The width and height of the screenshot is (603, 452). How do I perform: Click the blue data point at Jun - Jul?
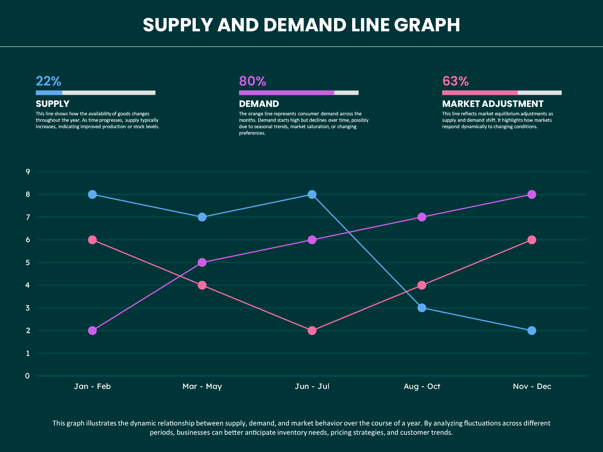tap(312, 194)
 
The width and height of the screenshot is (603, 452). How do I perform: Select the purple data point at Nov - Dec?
tap(531, 194)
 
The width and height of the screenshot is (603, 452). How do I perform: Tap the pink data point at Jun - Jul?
tap(312, 331)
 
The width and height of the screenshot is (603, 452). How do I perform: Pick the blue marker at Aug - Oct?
tap(422, 308)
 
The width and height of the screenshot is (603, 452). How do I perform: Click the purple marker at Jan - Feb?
tap(92, 331)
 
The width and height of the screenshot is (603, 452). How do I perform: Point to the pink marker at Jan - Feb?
tap(92, 240)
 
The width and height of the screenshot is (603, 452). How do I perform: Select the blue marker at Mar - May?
tap(202, 217)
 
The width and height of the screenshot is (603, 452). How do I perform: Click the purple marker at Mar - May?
tap(202, 262)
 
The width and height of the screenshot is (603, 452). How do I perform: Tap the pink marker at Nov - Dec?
tap(531, 240)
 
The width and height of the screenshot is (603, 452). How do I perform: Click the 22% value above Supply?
tap(48, 81)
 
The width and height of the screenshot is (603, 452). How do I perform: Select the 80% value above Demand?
tap(252, 81)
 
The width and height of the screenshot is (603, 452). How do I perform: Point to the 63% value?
tap(455, 81)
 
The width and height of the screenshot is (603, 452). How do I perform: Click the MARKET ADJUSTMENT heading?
tap(492, 104)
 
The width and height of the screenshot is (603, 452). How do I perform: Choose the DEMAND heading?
tap(259, 104)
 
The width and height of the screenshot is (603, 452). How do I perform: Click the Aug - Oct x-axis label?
tap(422, 386)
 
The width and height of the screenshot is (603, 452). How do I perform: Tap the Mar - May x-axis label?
tap(202, 386)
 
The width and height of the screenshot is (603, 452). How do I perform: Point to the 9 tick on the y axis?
tap(28, 172)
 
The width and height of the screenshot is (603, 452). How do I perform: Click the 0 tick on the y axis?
tap(27, 376)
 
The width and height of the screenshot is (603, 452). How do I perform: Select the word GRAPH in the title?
tap(427, 25)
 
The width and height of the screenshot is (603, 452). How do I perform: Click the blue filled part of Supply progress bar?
tap(49, 93)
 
